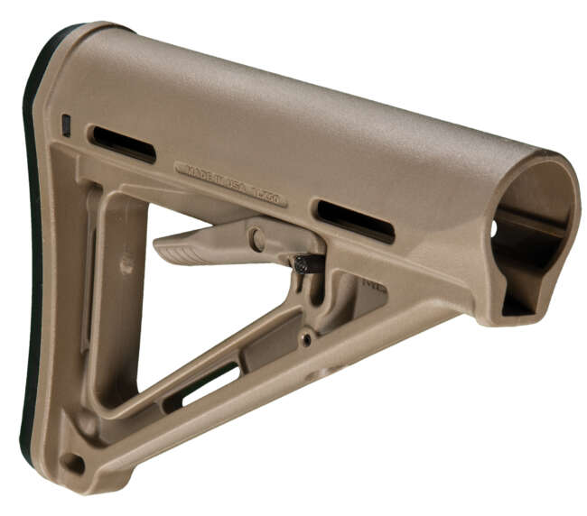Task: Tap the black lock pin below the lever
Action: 307,263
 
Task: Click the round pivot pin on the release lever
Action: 257,239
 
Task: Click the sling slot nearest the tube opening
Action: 354,221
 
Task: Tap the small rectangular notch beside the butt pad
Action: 66,125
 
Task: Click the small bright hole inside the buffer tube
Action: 493,230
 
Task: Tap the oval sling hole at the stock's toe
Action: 72,464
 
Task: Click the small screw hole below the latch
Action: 308,339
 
